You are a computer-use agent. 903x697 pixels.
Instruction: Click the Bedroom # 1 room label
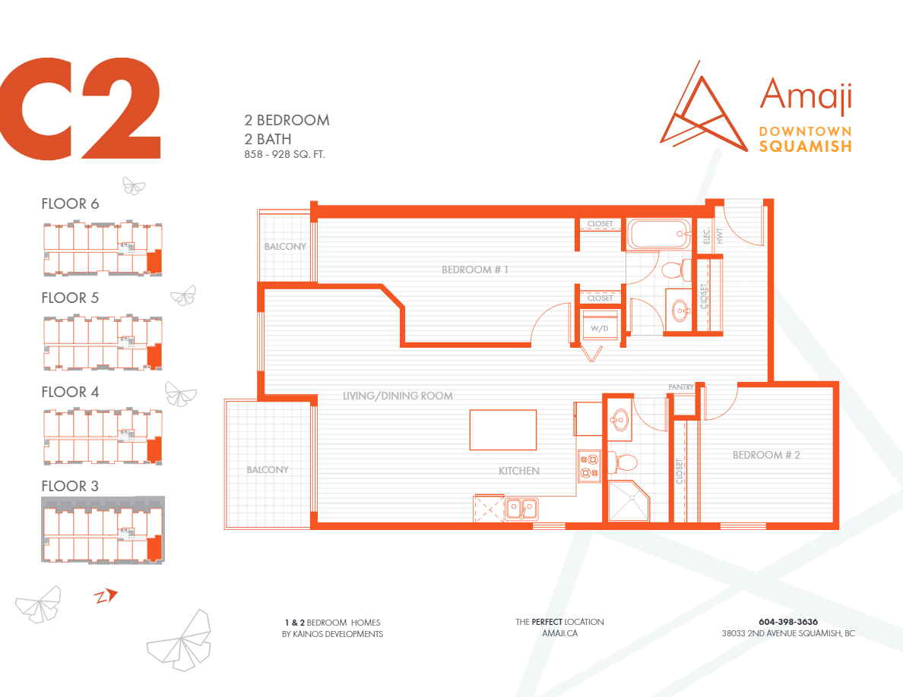point(475,270)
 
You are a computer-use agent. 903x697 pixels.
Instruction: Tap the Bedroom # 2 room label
point(766,455)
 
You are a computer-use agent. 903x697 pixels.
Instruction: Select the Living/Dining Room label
point(398,396)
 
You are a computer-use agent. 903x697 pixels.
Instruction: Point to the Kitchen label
point(519,471)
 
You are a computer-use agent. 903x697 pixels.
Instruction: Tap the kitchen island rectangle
point(502,430)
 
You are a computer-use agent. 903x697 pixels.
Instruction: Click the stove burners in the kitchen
point(589,465)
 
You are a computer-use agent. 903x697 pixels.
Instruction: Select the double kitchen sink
point(521,506)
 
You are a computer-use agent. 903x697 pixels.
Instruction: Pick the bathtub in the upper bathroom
point(658,234)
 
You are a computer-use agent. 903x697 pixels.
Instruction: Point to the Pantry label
point(681,387)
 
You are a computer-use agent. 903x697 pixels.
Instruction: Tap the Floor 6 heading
point(70,203)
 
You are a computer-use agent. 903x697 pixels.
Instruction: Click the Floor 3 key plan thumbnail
point(102,530)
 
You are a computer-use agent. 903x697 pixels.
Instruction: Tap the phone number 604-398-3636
point(787,622)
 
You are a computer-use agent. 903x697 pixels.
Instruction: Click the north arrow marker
point(106,596)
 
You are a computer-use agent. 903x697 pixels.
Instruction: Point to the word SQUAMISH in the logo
point(805,147)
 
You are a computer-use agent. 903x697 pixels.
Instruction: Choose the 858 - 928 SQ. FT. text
point(285,154)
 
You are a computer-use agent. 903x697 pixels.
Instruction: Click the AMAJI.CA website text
point(559,633)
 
